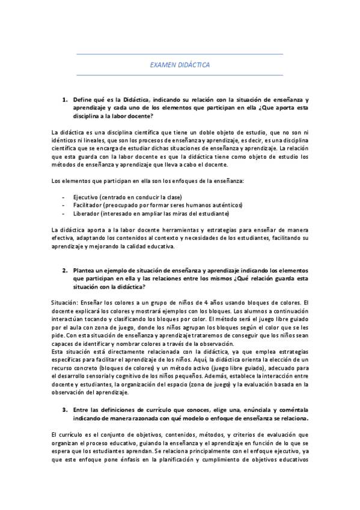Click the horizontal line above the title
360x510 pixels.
click(180, 54)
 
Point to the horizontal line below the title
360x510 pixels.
click(180, 75)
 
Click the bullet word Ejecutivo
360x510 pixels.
click(86, 197)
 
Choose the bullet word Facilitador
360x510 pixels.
click(88, 205)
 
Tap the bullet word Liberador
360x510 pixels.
click(87, 214)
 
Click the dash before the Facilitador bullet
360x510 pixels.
click(63, 205)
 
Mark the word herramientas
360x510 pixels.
click(165, 230)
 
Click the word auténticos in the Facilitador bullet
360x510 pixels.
click(227, 205)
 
